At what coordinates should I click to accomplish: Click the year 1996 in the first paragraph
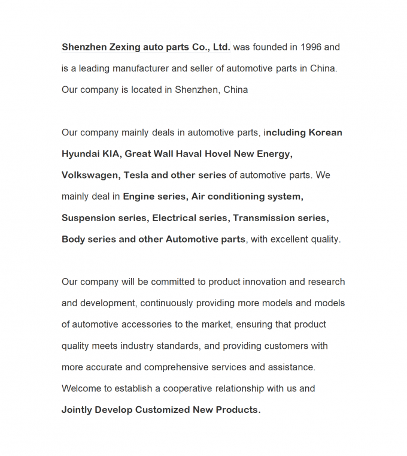tap(312, 47)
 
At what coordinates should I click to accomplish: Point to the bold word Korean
tap(326, 132)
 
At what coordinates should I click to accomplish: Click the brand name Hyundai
tap(80, 154)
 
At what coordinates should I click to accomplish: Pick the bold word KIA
tap(111, 154)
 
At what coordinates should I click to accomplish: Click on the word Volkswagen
tap(90, 175)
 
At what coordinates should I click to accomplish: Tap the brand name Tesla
tap(136, 175)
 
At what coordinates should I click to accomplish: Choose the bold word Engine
tap(138, 197)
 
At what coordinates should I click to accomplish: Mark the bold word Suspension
tap(87, 218)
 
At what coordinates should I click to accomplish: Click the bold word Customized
tap(163, 410)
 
